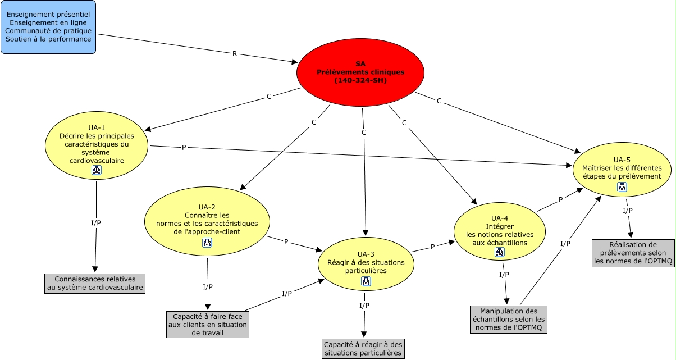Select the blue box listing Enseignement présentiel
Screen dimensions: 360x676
(x=48, y=27)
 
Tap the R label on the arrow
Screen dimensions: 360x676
(x=235, y=54)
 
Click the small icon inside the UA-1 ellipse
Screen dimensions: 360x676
(x=97, y=171)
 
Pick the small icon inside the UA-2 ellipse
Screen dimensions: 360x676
(x=207, y=243)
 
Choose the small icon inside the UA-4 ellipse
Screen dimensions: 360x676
(x=500, y=253)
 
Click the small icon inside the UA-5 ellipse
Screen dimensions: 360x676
(x=622, y=186)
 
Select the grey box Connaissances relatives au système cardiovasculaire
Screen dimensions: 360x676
(x=94, y=283)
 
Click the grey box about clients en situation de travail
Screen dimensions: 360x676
(x=208, y=325)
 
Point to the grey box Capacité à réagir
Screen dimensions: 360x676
(x=363, y=348)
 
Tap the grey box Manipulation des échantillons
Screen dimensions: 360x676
(x=509, y=319)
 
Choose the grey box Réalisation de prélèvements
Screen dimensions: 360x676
(x=633, y=253)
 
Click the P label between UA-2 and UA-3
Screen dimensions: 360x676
(x=286, y=242)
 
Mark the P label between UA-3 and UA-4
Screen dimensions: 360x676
(x=432, y=247)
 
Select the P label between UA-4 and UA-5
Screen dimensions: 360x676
(x=560, y=200)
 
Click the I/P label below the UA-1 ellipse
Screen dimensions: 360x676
(x=96, y=223)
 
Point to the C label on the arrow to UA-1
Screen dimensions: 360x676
(x=268, y=97)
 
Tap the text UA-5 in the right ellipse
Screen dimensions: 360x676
(x=622, y=159)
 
